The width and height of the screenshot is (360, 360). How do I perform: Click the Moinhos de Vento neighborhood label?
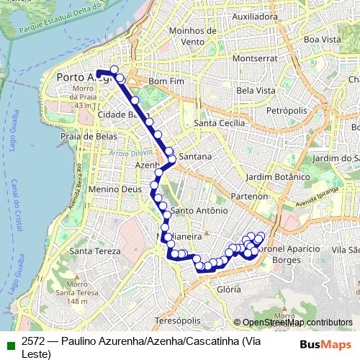(192, 37)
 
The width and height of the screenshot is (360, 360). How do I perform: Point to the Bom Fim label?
(163, 81)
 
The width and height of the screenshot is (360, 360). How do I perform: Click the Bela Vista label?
(256, 91)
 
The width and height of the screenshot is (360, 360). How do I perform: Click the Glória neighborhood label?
(228, 289)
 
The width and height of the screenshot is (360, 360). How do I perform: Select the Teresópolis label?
(176, 319)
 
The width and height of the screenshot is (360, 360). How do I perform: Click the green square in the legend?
(8, 343)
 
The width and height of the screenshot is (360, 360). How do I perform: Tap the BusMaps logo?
(322, 344)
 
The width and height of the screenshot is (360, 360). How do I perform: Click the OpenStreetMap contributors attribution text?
(297, 323)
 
